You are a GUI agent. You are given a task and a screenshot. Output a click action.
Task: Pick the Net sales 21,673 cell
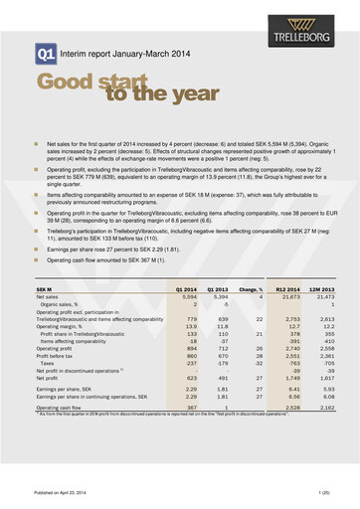pos(288,269)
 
